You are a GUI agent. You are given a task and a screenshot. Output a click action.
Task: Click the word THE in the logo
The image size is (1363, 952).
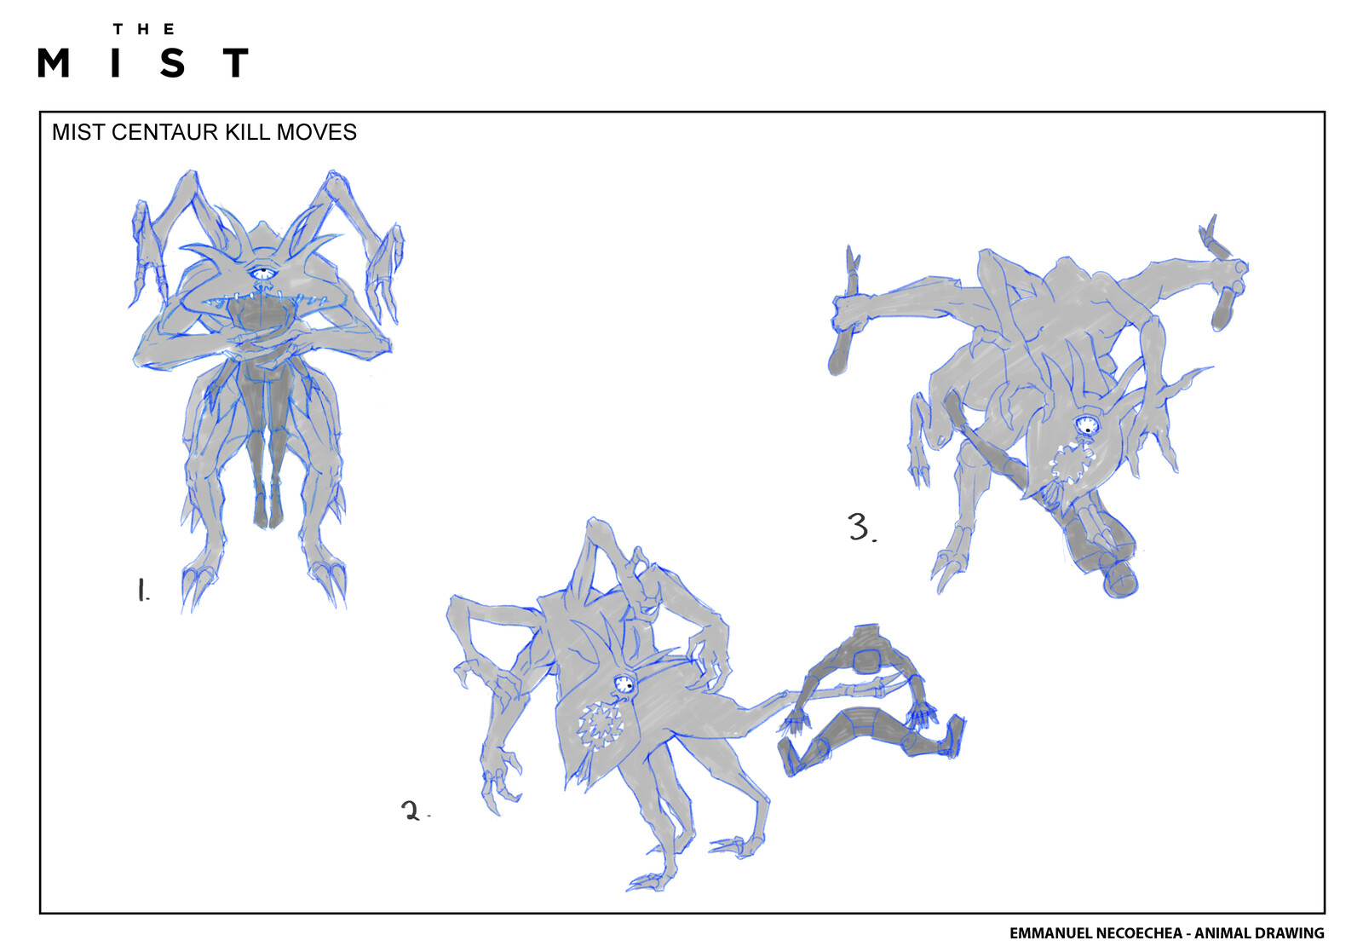point(143,29)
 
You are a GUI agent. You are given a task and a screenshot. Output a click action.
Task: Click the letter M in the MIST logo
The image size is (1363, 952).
point(54,63)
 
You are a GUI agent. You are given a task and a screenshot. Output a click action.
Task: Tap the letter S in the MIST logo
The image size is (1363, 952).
point(173,63)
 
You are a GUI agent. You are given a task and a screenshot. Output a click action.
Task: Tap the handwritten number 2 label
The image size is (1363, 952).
point(412,811)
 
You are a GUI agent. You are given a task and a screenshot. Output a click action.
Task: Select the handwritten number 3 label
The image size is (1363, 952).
point(860,527)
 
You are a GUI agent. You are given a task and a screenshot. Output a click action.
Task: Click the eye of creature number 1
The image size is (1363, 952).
point(263,274)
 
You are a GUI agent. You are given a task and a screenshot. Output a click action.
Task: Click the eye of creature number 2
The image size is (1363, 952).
point(624,684)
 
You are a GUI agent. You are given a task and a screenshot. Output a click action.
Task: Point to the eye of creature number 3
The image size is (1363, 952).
point(1086,424)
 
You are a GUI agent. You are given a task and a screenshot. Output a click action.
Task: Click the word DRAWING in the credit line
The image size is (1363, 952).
point(1291,933)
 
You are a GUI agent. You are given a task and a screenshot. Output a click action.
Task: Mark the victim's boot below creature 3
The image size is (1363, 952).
point(1120,580)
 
